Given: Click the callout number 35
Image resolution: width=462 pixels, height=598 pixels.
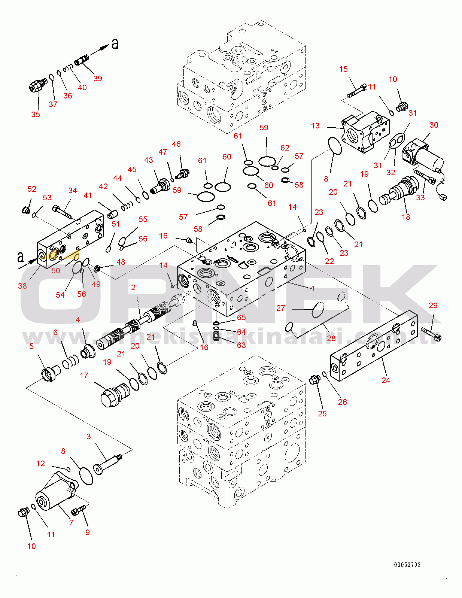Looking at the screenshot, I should coord(35,115).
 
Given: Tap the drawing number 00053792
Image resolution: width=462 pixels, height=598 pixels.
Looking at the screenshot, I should coord(407,565).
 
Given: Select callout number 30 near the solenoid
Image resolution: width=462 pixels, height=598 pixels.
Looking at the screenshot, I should coord(434,125).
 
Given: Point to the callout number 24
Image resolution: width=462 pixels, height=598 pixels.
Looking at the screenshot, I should coord(386,380).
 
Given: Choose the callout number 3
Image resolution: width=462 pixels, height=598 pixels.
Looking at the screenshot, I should coord(88,437).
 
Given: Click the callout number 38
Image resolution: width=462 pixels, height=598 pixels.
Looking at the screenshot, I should coord(22,286).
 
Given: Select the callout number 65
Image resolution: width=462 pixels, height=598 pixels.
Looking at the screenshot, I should coord(241,318).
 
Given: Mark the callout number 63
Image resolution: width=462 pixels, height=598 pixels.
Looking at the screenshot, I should coord(241,345).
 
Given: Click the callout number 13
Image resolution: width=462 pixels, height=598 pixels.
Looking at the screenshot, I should coord(315,126).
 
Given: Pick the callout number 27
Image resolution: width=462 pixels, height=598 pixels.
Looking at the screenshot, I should coord(280,308).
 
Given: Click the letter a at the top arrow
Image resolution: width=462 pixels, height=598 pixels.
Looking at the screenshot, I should coord(115,44).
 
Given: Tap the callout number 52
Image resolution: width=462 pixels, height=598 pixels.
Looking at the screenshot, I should coord(32,189).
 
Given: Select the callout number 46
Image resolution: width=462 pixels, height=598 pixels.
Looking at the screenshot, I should coord(176,144).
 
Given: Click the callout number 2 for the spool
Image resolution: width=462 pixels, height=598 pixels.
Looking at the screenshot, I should coord(133,288).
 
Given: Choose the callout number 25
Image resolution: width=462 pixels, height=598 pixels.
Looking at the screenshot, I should coord(322,414).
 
